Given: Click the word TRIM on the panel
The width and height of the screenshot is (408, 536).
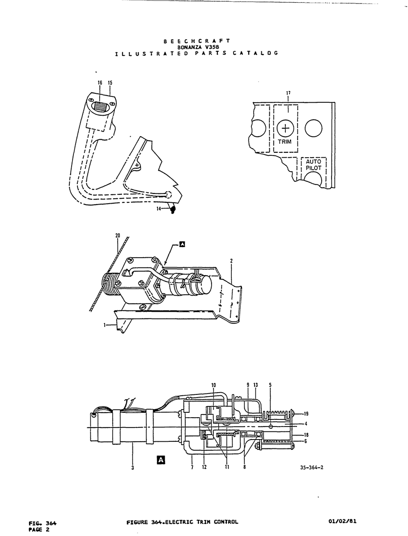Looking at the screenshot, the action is pyautogui.click(x=285, y=142).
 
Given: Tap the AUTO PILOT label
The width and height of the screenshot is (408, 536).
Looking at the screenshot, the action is pyautogui.click(x=314, y=165).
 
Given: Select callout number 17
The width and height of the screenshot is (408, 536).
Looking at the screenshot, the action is pyautogui.click(x=288, y=93).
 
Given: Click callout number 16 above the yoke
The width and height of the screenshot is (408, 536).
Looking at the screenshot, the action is pyautogui.click(x=100, y=83).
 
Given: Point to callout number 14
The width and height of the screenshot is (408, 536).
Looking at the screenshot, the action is pyautogui.click(x=159, y=209).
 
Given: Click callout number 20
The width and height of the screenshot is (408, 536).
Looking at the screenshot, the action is pyautogui.click(x=118, y=236).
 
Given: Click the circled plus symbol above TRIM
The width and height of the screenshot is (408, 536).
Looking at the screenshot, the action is pyautogui.click(x=285, y=128).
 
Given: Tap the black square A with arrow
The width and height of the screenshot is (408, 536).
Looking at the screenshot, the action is pyautogui.click(x=182, y=244).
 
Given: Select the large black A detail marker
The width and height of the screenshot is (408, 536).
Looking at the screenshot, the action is pyautogui.click(x=161, y=460).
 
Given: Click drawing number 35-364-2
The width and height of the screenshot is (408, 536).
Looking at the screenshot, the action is pyautogui.click(x=312, y=467).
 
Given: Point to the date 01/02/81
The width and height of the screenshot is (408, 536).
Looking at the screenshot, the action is pyautogui.click(x=343, y=499).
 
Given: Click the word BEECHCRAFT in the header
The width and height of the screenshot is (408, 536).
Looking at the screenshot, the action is pyautogui.click(x=197, y=41).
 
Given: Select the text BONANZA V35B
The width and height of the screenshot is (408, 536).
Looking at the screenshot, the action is pyautogui.click(x=197, y=47).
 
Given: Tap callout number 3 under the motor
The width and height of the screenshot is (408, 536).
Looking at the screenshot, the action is pyautogui.click(x=132, y=468).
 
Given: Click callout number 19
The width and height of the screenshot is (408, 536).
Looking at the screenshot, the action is pyautogui.click(x=306, y=414).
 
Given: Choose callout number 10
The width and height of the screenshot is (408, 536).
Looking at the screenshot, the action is pyautogui.click(x=214, y=385).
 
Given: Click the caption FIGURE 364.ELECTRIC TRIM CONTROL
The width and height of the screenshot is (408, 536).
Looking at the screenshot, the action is pyautogui.click(x=182, y=500).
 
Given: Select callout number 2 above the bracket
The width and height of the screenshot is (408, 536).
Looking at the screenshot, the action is pyautogui.click(x=231, y=261).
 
